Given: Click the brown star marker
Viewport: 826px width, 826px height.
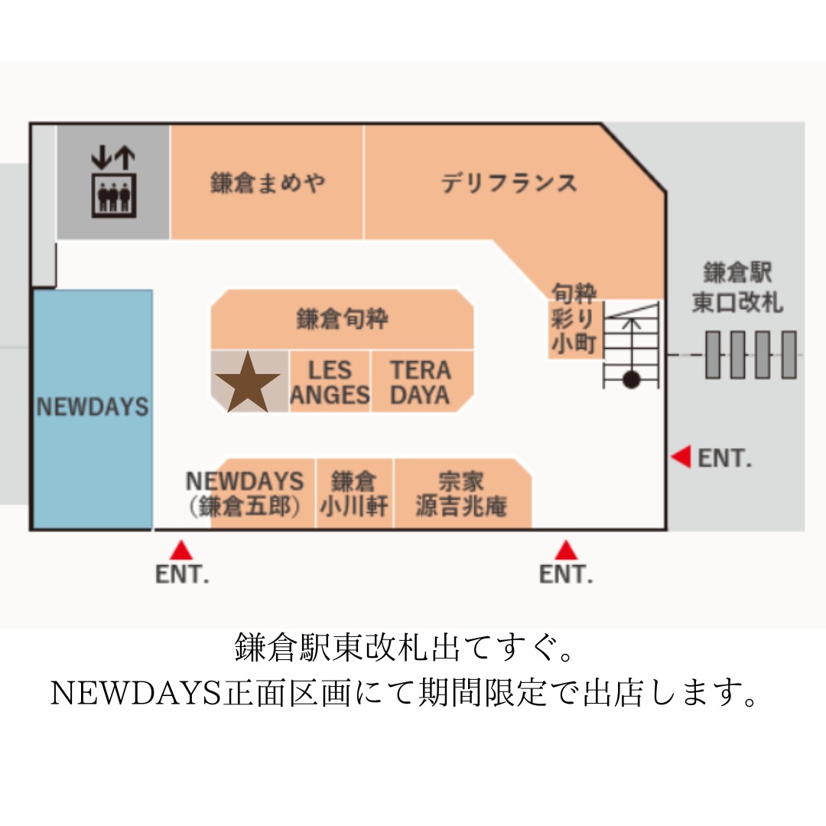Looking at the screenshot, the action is (x=247, y=382).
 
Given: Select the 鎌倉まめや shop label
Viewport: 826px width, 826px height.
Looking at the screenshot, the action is (x=268, y=184).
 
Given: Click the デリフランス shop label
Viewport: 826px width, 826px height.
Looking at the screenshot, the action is (x=509, y=184).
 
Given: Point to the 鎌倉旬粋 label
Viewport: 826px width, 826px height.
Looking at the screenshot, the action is (x=342, y=319).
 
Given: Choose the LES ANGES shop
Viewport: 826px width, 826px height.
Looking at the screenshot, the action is (x=330, y=382).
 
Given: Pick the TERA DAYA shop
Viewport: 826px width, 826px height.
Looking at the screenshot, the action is (x=421, y=382).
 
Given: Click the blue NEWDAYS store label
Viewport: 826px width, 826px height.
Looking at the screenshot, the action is (x=93, y=406).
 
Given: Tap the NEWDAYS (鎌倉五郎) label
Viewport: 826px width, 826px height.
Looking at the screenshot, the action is (x=245, y=493).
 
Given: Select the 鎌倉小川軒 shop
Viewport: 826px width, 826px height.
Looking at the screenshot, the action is (x=354, y=493).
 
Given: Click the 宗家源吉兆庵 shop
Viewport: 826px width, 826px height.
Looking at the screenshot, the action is (x=461, y=493).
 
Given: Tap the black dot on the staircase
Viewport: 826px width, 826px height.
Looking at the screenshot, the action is (x=631, y=379).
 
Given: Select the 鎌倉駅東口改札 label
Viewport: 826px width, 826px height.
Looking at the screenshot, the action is (x=737, y=287).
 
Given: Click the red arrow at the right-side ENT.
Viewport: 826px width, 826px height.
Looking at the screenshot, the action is (x=681, y=457).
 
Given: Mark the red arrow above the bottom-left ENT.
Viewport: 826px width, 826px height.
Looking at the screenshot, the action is (x=181, y=550).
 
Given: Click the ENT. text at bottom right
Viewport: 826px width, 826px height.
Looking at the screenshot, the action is (x=566, y=575).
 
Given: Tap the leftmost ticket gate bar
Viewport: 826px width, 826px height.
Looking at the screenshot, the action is (x=713, y=354).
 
